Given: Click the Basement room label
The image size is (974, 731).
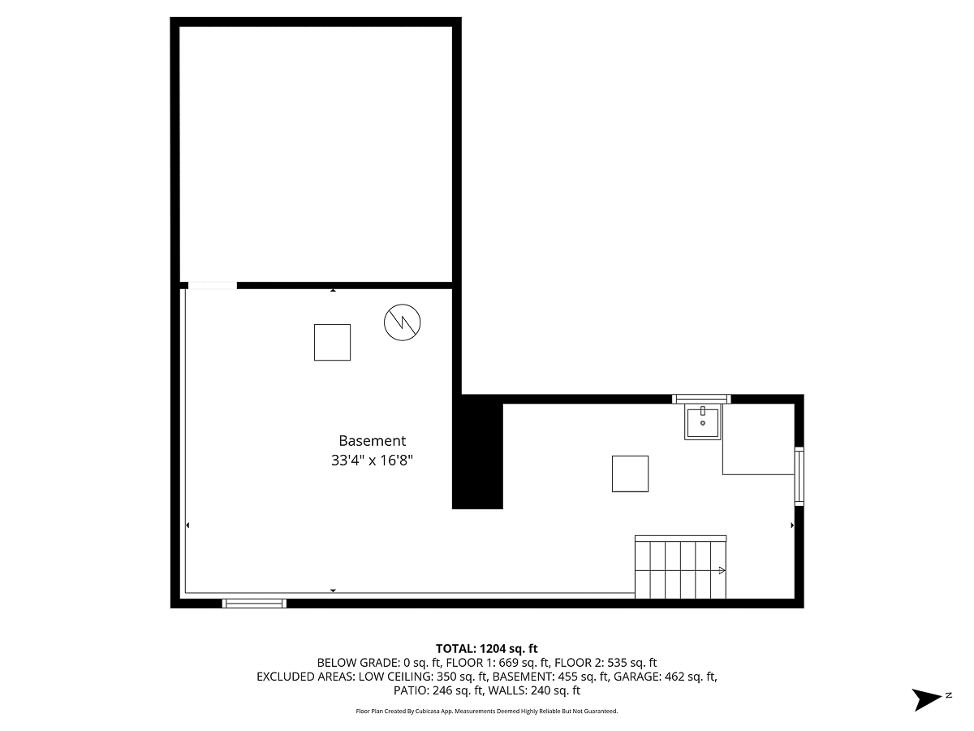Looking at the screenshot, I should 372,441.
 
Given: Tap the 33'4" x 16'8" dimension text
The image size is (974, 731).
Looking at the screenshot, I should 372,461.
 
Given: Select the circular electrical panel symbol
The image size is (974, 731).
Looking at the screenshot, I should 402,322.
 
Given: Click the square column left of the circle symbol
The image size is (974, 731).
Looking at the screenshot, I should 332,342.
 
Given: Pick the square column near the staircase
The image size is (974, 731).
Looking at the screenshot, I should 630,474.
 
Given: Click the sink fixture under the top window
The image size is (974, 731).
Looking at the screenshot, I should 703,423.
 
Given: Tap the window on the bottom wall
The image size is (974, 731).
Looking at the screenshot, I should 255,603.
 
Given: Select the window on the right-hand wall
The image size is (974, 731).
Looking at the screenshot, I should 799,476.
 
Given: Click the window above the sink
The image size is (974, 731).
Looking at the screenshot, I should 701,399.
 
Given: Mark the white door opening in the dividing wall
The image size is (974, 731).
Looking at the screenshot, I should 212,285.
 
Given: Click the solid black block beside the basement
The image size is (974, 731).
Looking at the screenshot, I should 477,452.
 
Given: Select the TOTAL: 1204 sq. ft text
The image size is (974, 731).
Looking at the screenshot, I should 487,648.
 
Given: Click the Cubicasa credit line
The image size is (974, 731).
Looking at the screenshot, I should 487,712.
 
